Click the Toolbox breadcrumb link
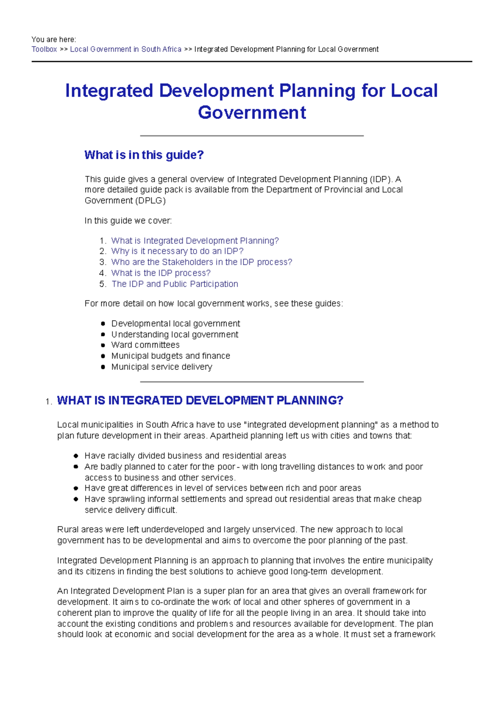(x=44, y=50)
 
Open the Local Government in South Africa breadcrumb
(x=126, y=50)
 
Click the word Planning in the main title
(x=317, y=91)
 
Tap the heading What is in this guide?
(x=144, y=155)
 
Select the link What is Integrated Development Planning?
(x=195, y=241)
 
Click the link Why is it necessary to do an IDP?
(x=177, y=251)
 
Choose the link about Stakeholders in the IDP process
(x=202, y=262)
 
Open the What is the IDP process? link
(x=161, y=273)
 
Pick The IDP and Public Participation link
(x=175, y=284)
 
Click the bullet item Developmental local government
(x=176, y=324)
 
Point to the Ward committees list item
(x=145, y=345)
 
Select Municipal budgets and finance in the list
(x=171, y=356)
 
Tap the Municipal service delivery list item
(x=162, y=367)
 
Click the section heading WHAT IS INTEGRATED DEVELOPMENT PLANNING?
(x=200, y=400)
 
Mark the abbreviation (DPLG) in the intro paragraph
(x=150, y=201)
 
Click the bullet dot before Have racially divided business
(x=76, y=456)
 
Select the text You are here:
(x=54, y=40)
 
